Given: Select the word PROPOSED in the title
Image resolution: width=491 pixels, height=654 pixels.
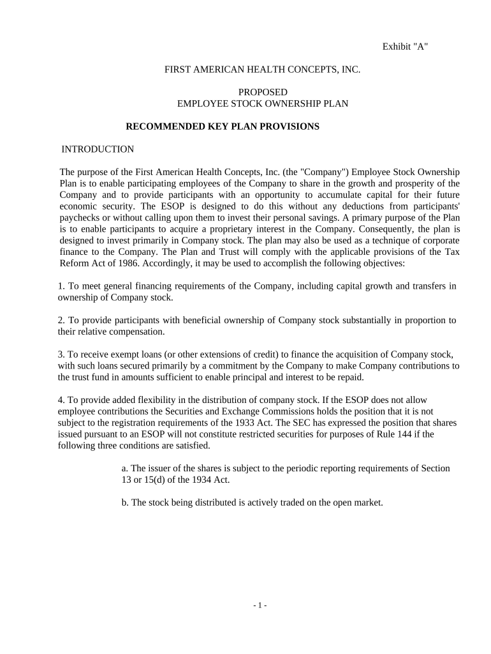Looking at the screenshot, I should tap(263, 92).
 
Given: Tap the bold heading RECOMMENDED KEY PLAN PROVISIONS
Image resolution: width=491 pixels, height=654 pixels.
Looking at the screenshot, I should tap(223, 126).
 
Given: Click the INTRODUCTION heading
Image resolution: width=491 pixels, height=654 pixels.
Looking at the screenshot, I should tap(98, 149).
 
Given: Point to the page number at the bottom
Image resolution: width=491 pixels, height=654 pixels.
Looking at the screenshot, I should tap(260, 605).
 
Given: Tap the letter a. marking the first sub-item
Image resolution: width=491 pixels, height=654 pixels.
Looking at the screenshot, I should tap(125, 468).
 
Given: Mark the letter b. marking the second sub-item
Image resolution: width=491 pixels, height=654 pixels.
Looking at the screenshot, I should tap(125, 503).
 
